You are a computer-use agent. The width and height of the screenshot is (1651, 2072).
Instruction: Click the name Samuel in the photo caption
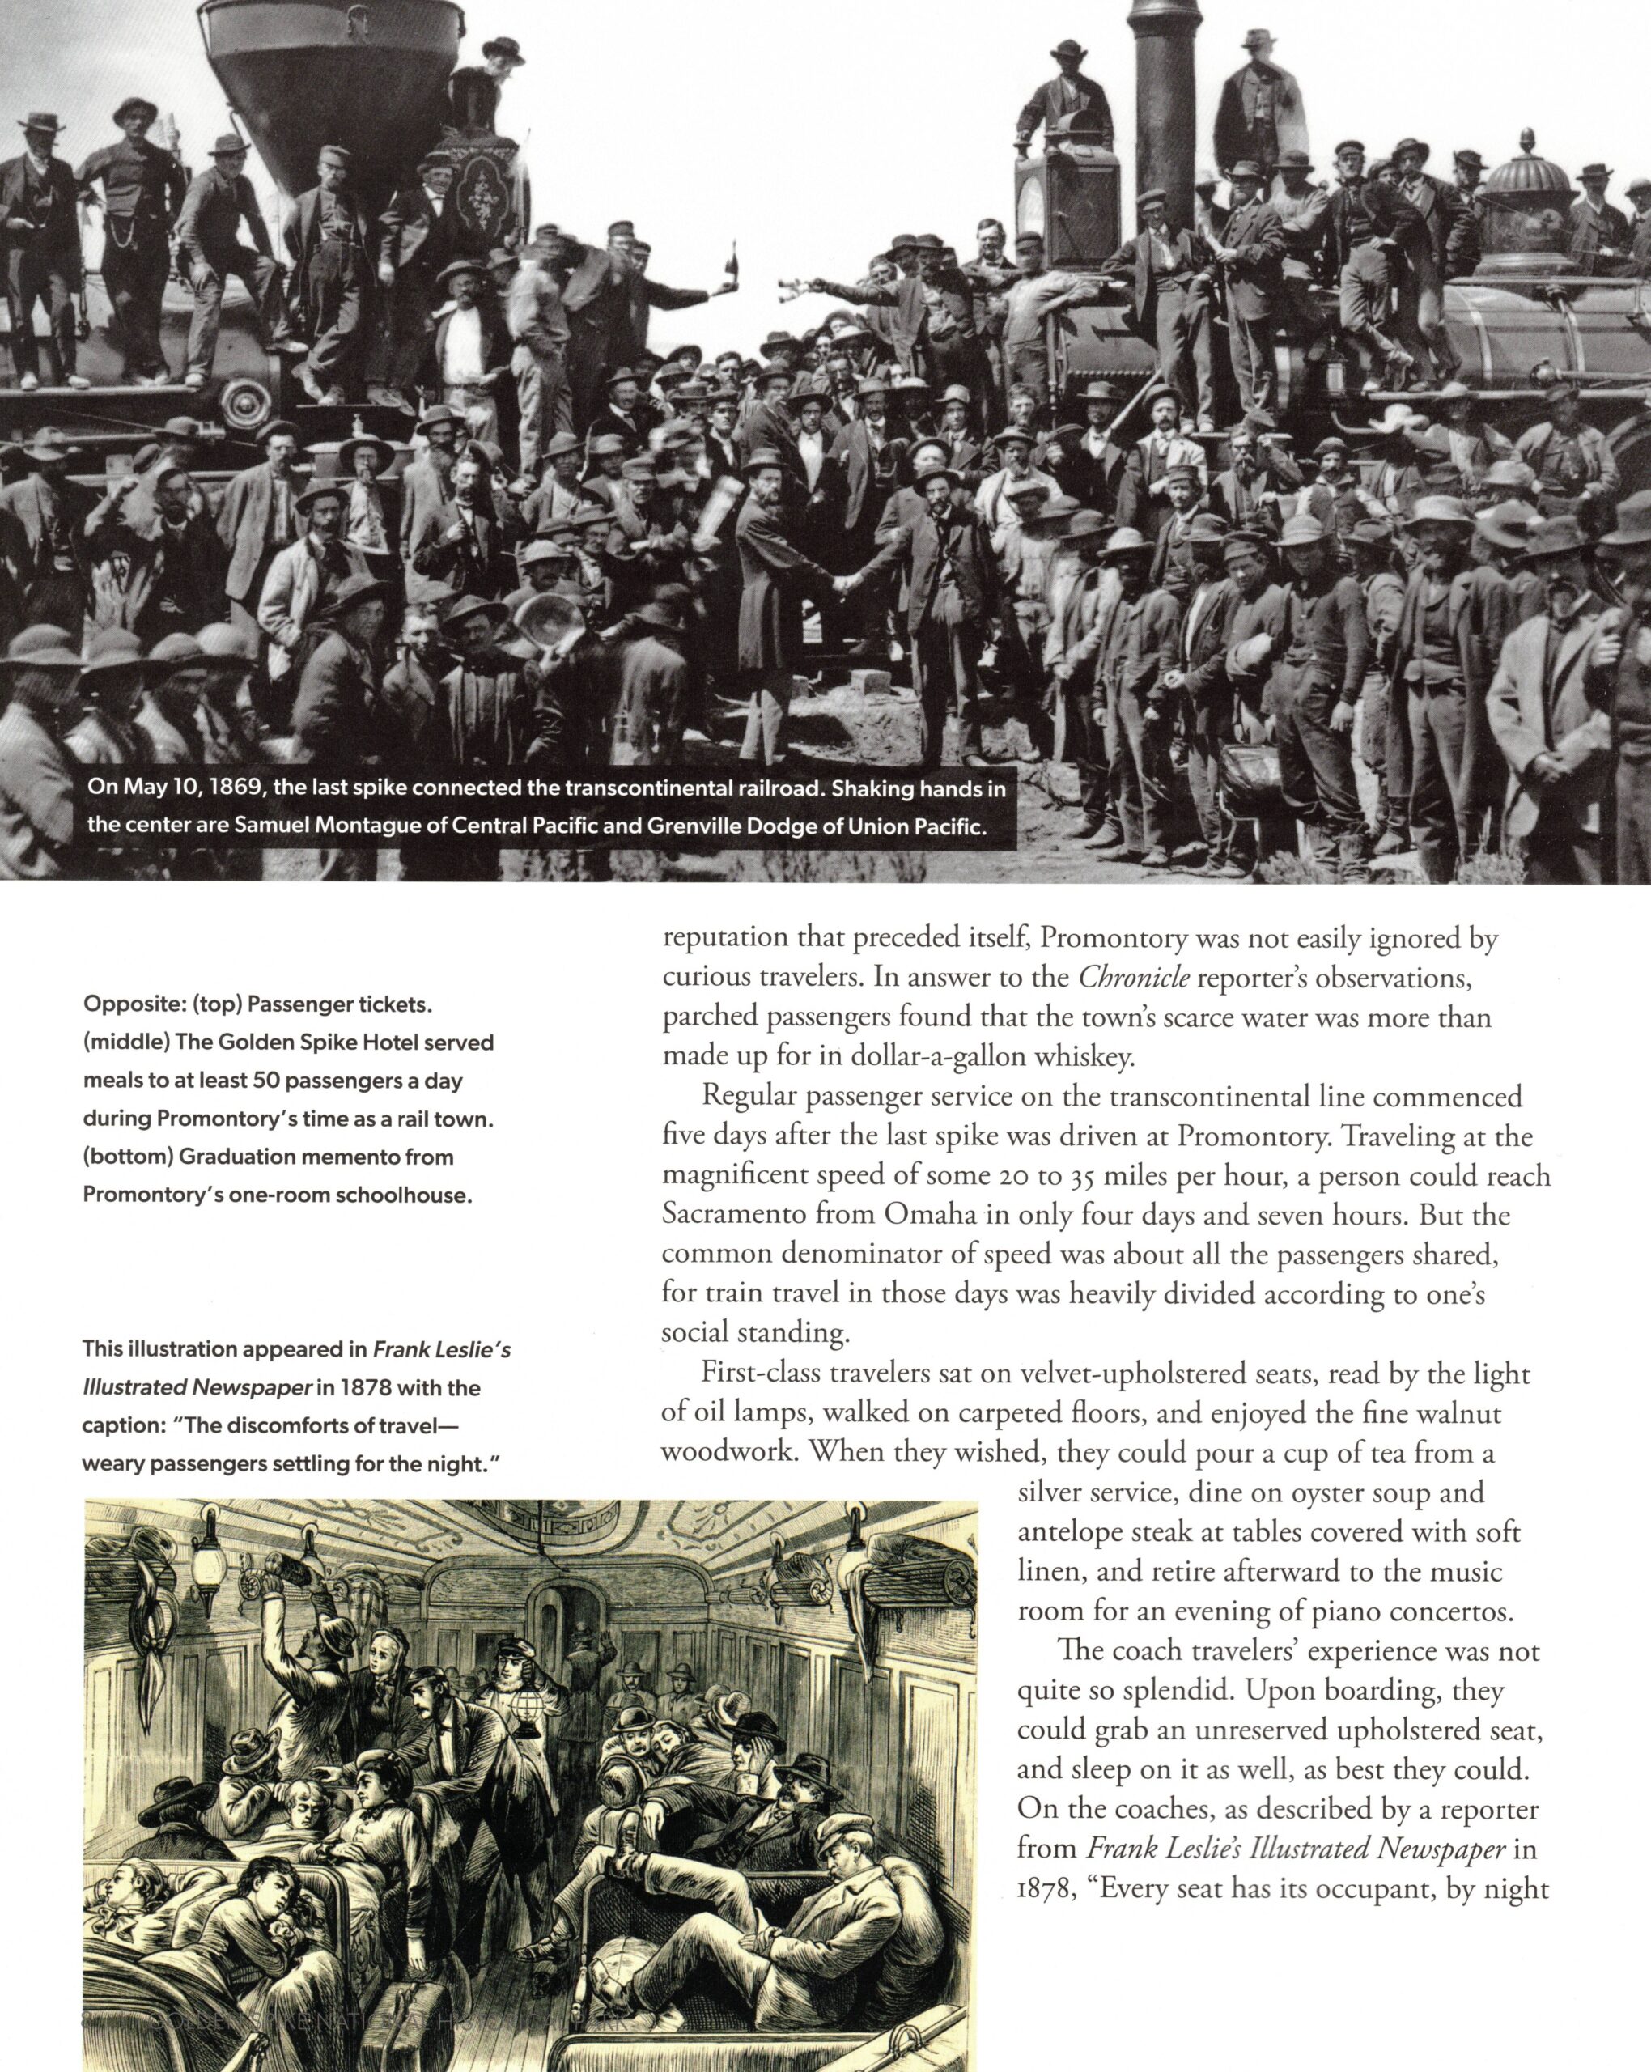point(271,826)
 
